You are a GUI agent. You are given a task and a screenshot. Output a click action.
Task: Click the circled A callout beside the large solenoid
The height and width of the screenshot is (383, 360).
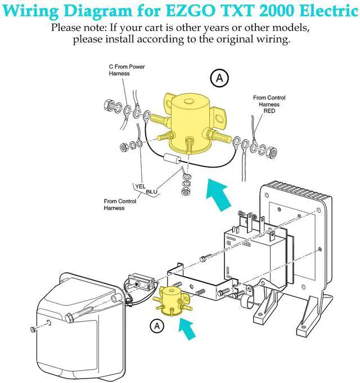click(x=219, y=78)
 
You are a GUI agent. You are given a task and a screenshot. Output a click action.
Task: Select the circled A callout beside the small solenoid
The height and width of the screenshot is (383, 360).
click(x=157, y=326)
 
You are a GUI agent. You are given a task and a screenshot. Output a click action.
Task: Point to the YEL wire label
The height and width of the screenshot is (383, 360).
click(x=141, y=186)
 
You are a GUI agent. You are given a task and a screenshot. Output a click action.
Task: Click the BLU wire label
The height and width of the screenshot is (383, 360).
click(x=151, y=192)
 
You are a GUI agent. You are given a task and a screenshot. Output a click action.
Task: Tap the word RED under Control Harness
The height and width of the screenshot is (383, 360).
click(x=269, y=111)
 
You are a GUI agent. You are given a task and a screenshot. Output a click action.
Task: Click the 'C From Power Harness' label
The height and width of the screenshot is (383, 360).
click(x=127, y=70)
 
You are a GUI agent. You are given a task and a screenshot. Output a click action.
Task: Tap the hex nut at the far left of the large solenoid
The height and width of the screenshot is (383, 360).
click(x=109, y=106)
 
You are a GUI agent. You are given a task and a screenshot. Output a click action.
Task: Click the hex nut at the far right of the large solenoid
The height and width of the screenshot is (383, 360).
click(x=272, y=152)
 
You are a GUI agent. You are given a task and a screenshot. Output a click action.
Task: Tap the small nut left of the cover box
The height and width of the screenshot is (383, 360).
click(x=33, y=329)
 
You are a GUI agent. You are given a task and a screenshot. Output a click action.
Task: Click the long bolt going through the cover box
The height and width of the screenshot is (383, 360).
click(x=78, y=313)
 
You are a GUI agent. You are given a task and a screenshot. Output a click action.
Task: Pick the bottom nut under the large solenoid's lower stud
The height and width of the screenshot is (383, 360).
click(x=186, y=191)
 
